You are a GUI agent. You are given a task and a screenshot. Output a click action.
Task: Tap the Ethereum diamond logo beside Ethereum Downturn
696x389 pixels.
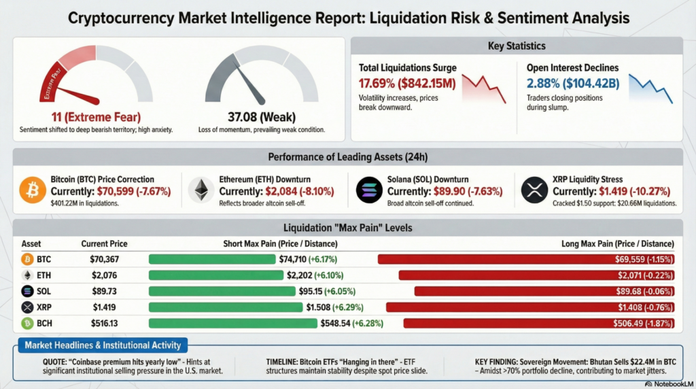201,190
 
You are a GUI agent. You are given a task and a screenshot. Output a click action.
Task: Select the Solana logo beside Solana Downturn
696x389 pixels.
369,190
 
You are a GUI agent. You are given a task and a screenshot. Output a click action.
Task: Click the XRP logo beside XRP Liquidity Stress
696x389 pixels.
534,190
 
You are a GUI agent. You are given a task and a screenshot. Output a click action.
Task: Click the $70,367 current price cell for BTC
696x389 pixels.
104,259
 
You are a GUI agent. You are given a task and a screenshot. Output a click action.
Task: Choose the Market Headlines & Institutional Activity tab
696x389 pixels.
102,346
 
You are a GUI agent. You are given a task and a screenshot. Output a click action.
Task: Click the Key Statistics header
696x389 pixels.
516,46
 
